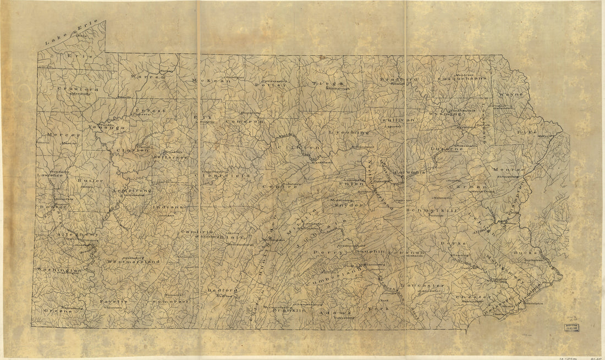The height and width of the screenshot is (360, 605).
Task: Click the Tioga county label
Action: [320, 84]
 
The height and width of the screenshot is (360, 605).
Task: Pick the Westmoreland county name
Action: [134, 262]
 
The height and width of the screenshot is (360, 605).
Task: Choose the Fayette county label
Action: [113, 302]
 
